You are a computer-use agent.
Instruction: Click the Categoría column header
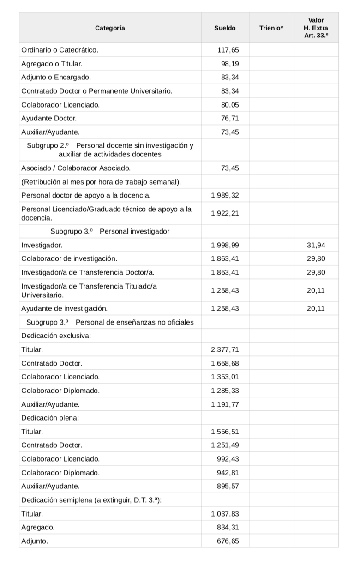tap(110, 28)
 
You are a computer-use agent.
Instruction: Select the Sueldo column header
tap(225, 28)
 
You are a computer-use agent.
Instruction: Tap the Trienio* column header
tap(271, 28)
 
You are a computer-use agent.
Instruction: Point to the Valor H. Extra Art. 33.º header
tap(316, 28)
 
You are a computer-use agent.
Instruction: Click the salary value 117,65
tap(228, 50)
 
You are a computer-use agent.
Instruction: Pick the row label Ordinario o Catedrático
tap(60, 50)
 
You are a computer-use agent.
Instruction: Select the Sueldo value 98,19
tap(230, 64)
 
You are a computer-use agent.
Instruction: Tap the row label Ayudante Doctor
tap(49, 118)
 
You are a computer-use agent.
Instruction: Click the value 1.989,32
tap(225, 195)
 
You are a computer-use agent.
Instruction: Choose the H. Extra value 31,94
tap(316, 245)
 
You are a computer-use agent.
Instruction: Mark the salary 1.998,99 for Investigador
tap(225, 245)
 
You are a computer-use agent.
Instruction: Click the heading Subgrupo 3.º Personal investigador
tap(110, 231)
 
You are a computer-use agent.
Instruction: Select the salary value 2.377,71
tap(225, 350)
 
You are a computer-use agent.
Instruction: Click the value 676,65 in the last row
tap(228, 541)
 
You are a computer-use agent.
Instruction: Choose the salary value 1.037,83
tap(225, 513)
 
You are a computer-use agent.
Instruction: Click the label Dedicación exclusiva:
tap(56, 336)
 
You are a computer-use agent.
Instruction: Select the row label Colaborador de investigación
tap(69, 258)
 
